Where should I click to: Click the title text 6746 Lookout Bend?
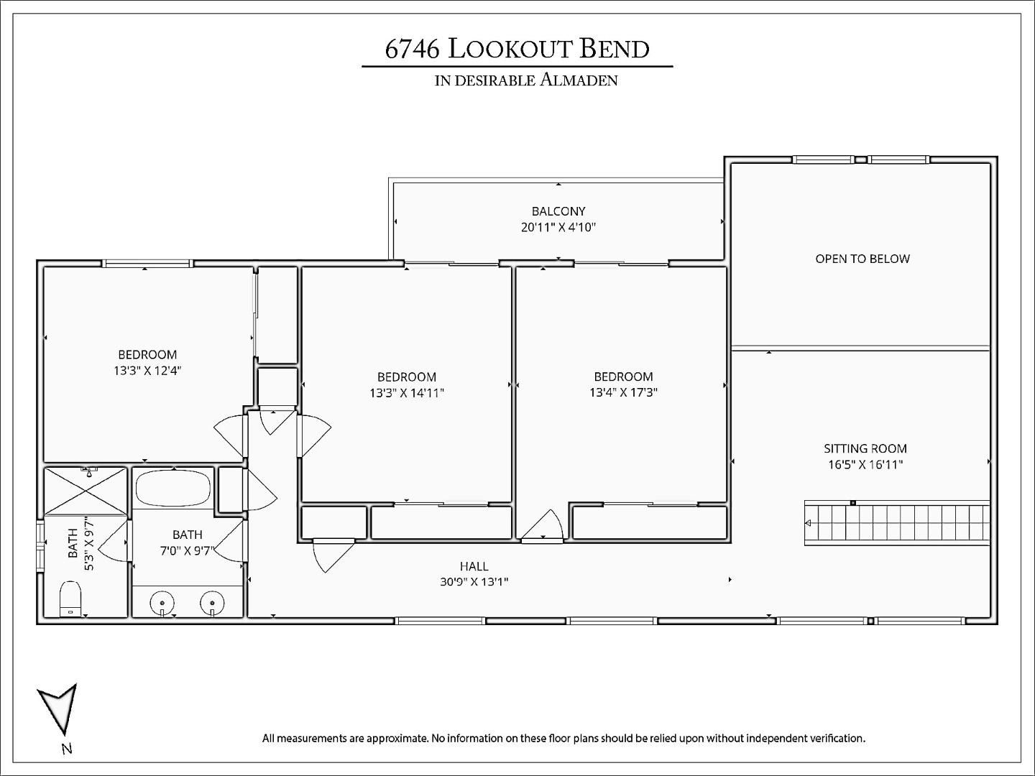pyautogui.click(x=517, y=49)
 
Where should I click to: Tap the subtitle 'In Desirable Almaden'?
pyautogui.click(x=526, y=80)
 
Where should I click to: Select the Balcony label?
pyautogui.click(x=558, y=211)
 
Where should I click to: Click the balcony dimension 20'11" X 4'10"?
pyautogui.click(x=558, y=228)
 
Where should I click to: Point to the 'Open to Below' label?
pyautogui.click(x=862, y=259)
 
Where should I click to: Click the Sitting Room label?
pyautogui.click(x=865, y=448)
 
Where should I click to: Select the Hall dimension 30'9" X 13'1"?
pyautogui.click(x=474, y=582)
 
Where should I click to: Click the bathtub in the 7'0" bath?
pyautogui.click(x=172, y=489)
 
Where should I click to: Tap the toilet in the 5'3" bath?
pyautogui.click(x=70, y=599)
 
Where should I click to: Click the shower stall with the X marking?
pyautogui.click(x=86, y=491)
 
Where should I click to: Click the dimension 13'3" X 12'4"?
pyautogui.click(x=147, y=371)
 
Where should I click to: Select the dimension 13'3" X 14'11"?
pyautogui.click(x=407, y=393)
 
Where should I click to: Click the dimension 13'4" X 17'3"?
pyautogui.click(x=623, y=392)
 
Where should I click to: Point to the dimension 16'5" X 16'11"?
pyautogui.click(x=865, y=464)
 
